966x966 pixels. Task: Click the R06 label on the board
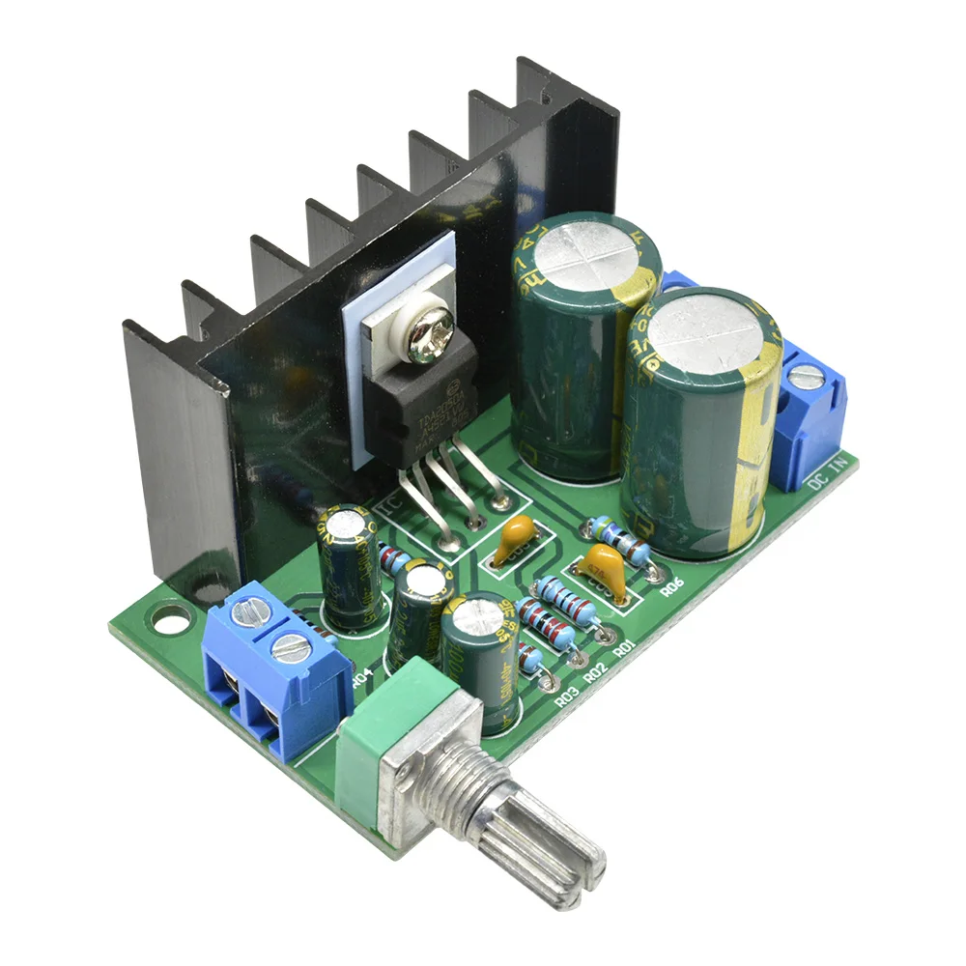click(673, 585)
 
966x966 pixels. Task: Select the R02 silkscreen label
click(595, 668)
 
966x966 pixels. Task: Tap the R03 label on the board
click(567, 690)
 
